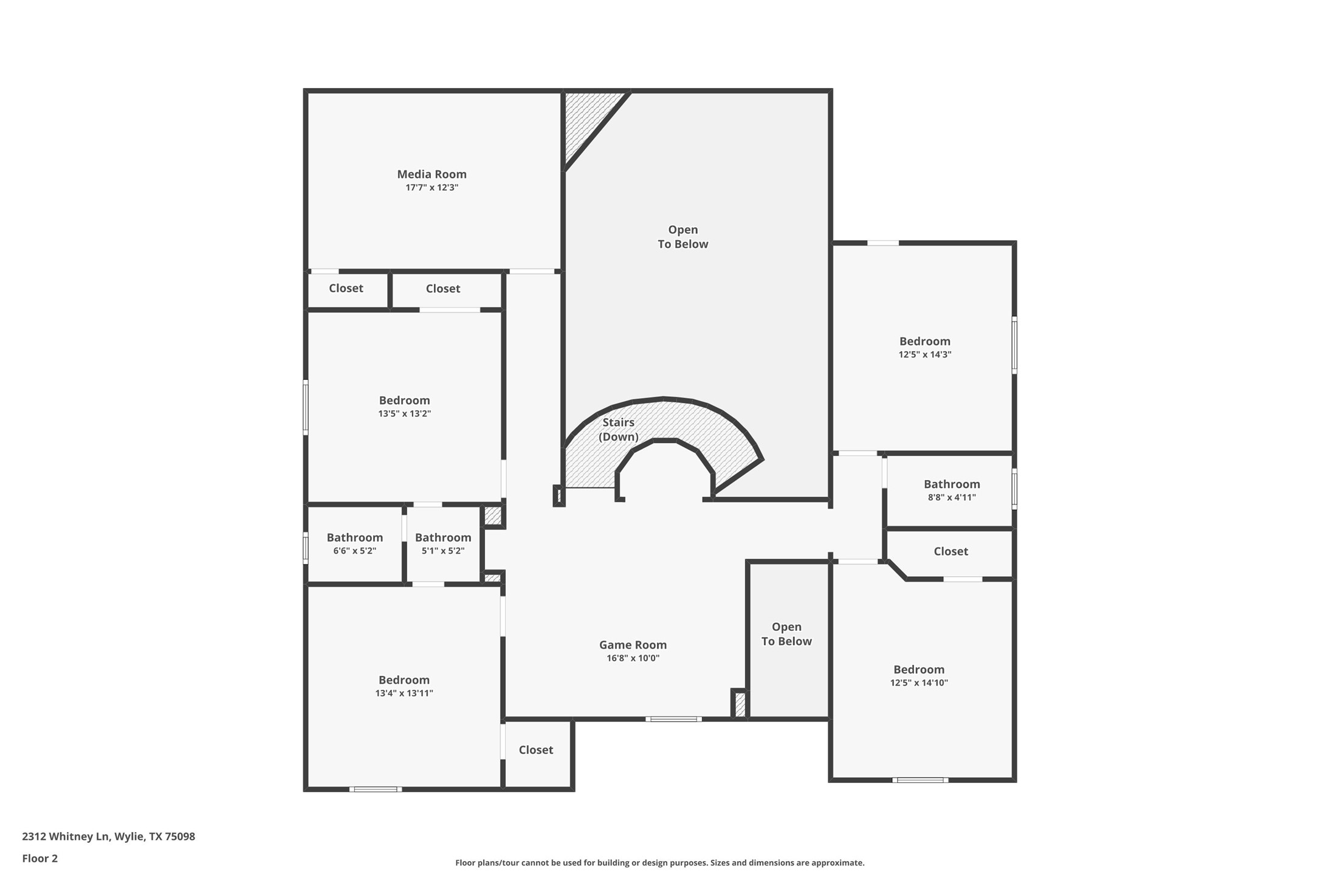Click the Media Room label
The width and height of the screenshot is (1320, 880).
point(431,174)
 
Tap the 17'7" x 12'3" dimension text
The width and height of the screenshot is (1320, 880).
point(431,188)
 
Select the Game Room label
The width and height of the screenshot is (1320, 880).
point(633,645)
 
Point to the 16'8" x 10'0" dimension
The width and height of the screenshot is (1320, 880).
point(633,658)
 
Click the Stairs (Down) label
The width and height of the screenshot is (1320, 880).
point(618,430)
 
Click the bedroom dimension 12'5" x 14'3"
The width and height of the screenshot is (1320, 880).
point(924,355)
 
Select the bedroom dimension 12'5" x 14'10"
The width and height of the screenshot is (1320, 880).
point(918,683)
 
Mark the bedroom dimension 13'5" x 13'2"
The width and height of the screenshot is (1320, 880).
point(404,414)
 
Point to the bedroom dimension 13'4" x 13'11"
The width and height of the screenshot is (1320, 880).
point(404,693)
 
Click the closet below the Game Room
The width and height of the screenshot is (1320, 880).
point(535,751)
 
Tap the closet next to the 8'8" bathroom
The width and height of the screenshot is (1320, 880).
point(950,552)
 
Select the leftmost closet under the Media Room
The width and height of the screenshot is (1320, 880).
point(346,289)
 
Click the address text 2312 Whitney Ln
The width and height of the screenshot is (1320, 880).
point(108,837)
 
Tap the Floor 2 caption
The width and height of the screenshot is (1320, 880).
point(40,859)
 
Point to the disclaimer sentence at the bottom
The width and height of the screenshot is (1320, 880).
point(659,863)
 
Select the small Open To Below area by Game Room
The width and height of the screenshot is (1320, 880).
point(786,634)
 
